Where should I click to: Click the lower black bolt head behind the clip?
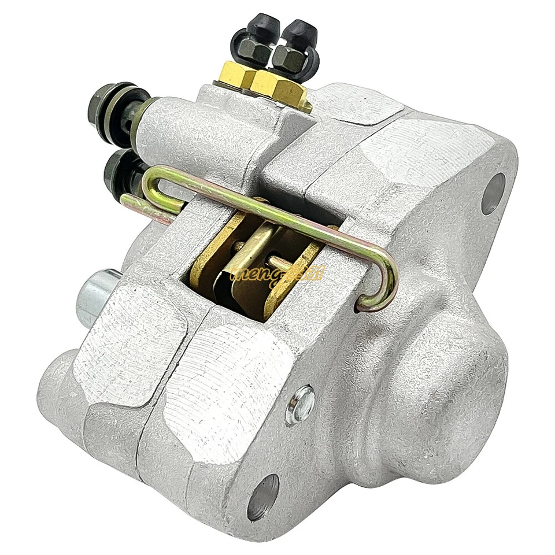[x=120, y=171]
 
